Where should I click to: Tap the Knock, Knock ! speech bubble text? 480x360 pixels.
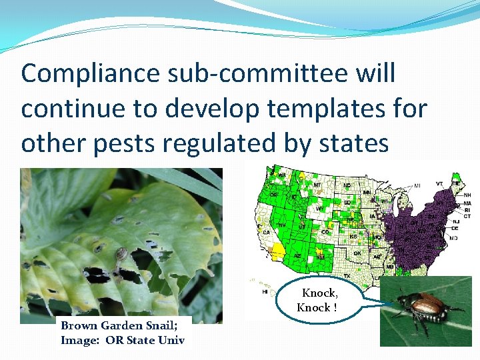tap(319, 300)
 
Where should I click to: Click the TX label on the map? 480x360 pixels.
tap(347, 275)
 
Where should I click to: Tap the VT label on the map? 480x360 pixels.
tap(439, 184)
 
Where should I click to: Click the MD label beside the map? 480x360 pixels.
tap(454, 237)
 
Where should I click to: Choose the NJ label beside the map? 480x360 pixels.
tap(454, 221)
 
